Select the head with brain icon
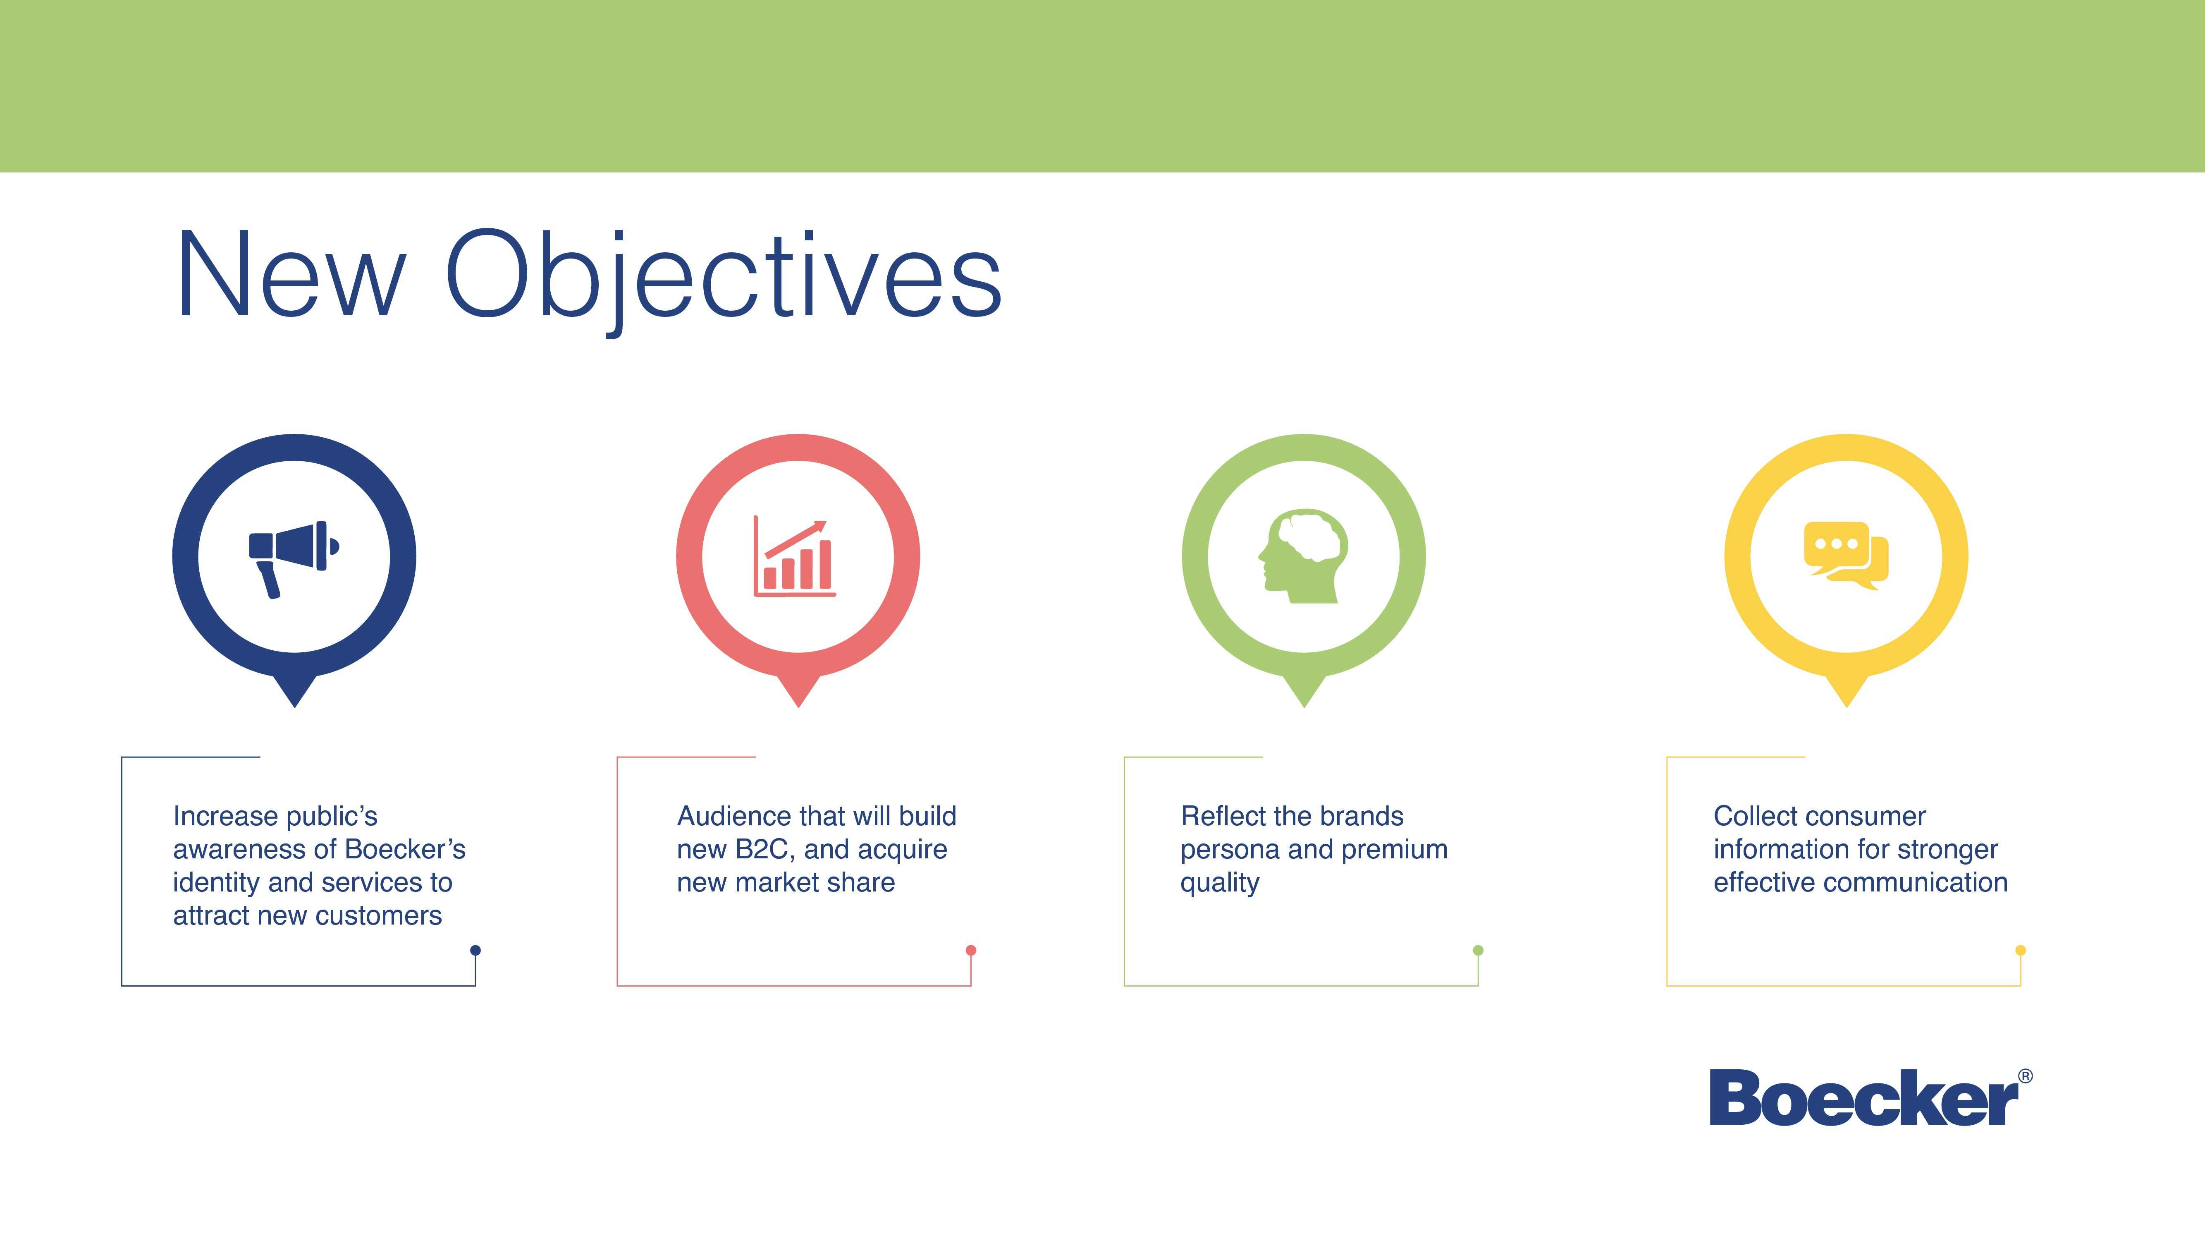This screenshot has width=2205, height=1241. click(1303, 557)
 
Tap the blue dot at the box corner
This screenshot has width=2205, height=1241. click(476, 950)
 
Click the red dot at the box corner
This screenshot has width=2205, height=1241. click(971, 950)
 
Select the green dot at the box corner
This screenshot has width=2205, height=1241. click(1478, 950)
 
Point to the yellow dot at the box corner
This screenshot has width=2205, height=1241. click(2021, 950)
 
